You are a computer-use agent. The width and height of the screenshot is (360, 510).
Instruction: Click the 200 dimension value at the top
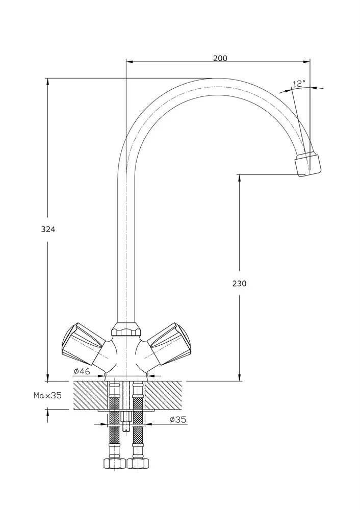coord(220,58)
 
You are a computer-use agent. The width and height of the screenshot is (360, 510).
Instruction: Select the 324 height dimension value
coord(48,229)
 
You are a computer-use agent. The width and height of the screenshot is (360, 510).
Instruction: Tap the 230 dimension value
coord(239,284)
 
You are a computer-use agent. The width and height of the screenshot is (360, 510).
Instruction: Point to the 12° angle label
coord(299,83)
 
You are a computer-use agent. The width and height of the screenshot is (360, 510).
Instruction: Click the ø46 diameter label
coord(82,371)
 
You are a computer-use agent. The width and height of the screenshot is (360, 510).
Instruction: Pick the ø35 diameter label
coord(177,420)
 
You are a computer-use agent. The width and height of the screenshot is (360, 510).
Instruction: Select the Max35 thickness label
coord(47,395)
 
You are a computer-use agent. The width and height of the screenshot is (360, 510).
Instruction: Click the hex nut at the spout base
coord(125,330)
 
